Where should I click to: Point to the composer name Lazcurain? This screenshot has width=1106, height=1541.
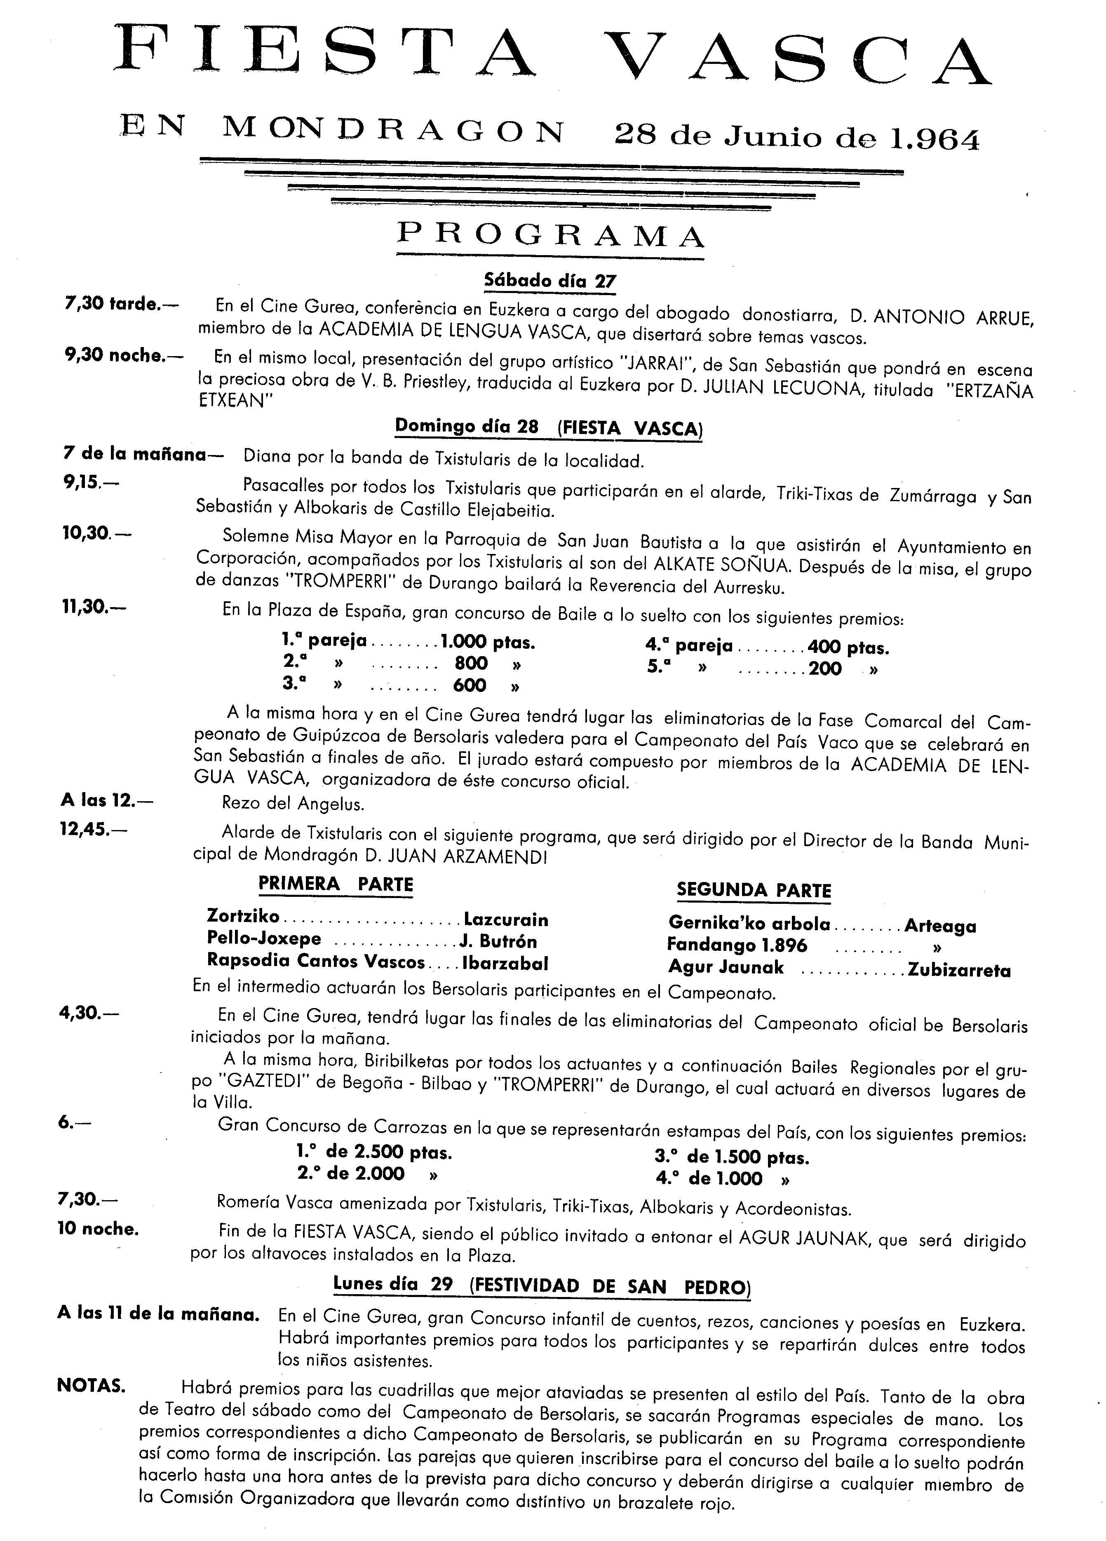506,919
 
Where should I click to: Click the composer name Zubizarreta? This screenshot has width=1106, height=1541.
958,970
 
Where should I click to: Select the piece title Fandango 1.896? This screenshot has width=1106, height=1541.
737,945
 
